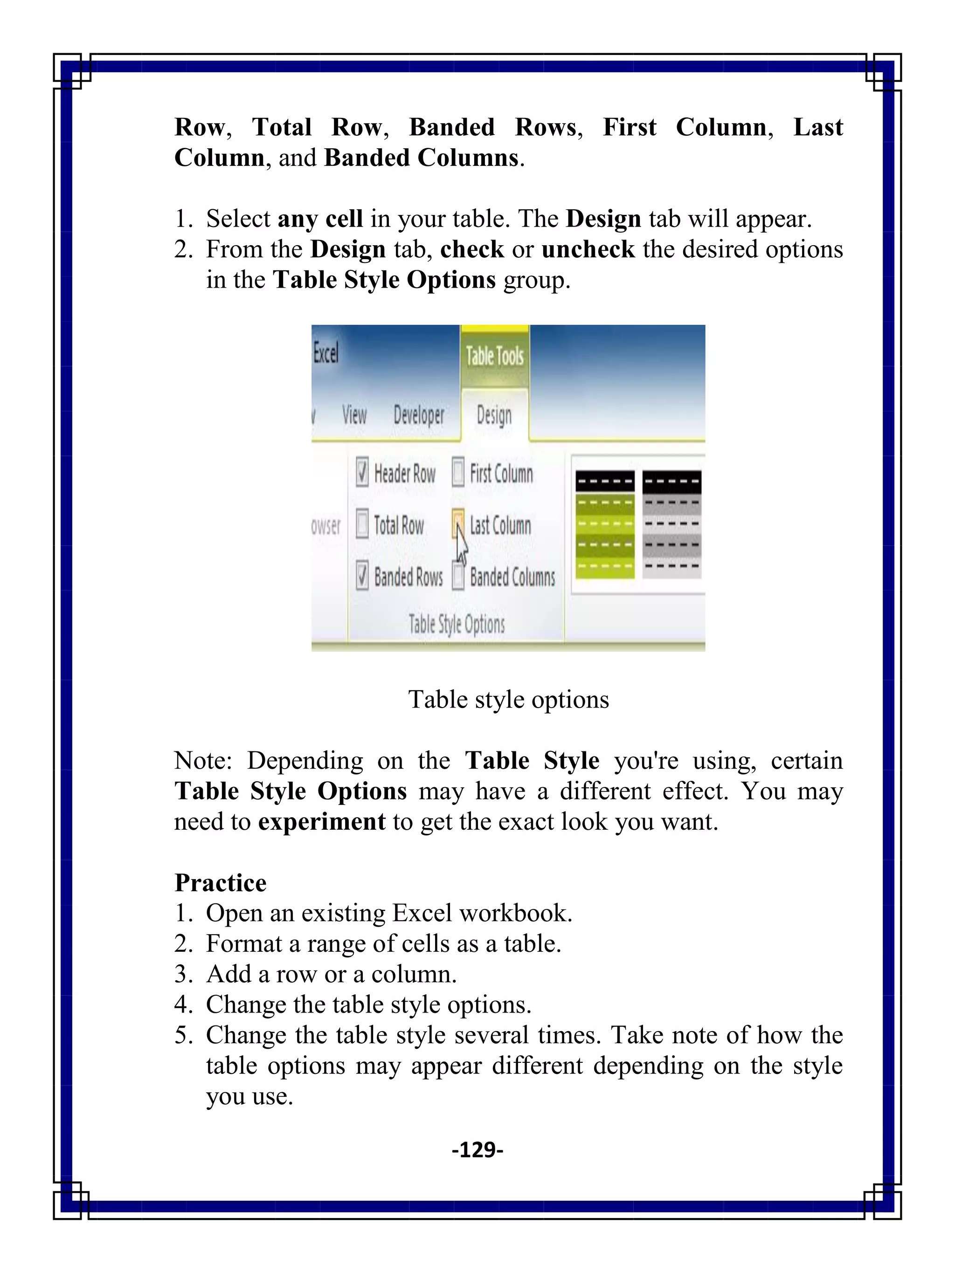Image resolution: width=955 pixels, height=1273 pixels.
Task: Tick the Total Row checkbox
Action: tap(361, 524)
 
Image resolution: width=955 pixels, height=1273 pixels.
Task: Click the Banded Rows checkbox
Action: tap(361, 576)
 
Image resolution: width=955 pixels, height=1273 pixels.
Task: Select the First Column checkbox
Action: tap(457, 473)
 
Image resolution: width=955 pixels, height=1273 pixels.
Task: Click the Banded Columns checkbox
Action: tap(457, 576)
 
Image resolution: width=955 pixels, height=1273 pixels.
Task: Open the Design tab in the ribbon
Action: tap(494, 415)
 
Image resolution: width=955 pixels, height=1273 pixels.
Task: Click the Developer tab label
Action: tap(418, 415)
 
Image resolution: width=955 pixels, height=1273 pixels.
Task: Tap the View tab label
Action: tap(354, 414)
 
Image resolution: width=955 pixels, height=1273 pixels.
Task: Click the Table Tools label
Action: tap(494, 356)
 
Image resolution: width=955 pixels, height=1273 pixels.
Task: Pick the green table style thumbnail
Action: tap(604, 524)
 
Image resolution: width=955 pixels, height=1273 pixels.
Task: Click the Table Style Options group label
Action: tap(457, 624)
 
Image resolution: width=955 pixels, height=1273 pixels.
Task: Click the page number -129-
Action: tap(477, 1149)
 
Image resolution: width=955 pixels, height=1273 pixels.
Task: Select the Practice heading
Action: tap(221, 883)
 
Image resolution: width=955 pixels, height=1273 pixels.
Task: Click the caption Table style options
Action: tap(508, 700)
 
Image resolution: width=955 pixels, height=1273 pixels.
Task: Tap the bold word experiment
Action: tap(321, 822)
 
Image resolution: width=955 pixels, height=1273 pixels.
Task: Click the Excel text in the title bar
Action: tap(326, 353)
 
